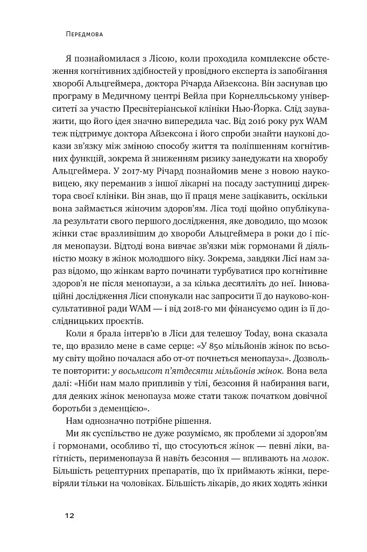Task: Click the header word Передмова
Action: (x=81, y=33)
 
